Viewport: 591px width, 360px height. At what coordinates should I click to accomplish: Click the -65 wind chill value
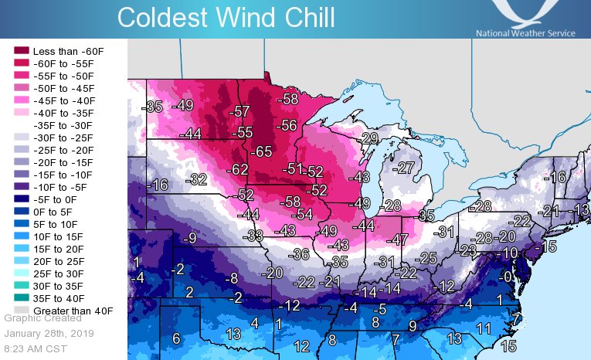263,151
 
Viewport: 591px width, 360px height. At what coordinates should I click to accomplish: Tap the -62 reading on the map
238,168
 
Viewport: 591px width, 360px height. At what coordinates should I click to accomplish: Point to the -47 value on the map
397,239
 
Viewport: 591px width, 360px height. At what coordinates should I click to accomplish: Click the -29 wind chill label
369,138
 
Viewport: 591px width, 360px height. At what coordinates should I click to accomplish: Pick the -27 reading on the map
404,168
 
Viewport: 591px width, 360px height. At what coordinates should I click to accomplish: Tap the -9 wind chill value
189,239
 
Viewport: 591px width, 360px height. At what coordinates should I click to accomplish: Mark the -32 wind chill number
198,180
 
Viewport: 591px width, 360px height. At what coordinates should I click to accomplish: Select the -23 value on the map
467,250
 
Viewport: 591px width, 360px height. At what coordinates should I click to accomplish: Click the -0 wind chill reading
504,277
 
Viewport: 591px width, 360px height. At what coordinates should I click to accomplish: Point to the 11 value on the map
484,328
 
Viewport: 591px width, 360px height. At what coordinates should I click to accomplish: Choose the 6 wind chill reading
176,338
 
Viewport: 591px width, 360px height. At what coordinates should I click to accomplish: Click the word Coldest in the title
165,17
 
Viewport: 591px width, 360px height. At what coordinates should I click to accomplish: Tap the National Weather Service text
525,33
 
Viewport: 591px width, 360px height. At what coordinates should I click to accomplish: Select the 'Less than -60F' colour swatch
21,50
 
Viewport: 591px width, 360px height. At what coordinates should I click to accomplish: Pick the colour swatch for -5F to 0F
21,199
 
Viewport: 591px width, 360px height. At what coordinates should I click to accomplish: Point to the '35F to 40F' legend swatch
21,297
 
